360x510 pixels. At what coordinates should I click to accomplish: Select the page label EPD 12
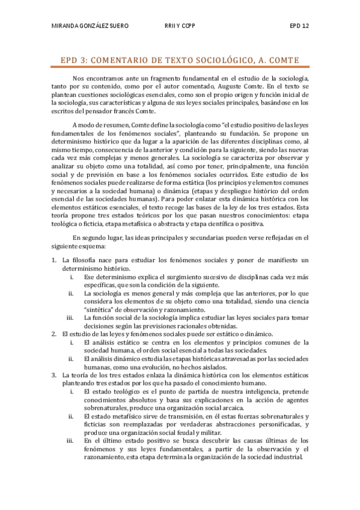tap(299, 26)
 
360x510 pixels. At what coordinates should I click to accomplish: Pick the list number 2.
tap(53, 333)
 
